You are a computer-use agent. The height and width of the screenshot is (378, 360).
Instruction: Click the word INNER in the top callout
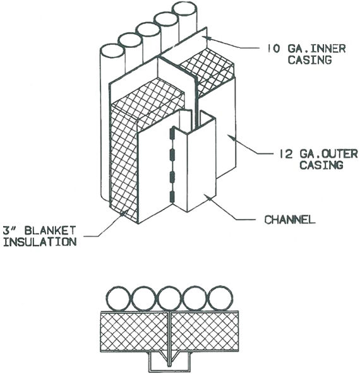point(328,49)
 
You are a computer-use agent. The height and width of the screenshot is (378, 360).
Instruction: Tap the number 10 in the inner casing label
point(273,49)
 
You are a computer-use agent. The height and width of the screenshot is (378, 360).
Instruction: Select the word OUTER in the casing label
point(340,154)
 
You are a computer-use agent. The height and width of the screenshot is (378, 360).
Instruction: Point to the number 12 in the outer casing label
point(285,154)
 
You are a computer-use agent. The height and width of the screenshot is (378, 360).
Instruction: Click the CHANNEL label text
point(290,220)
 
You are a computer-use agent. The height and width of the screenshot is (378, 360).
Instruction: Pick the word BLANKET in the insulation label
point(51,230)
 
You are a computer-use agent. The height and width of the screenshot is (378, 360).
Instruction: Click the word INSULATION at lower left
point(40,242)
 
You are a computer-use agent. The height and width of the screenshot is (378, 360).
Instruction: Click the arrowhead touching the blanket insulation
point(125,213)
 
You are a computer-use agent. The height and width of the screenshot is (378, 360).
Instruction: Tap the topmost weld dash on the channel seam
point(172,134)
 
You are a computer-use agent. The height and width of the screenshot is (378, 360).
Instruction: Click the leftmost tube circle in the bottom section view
point(119,298)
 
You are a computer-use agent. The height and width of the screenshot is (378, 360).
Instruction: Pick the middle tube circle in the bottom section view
point(170,298)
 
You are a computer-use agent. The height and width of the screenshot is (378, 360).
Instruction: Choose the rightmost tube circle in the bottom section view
point(220,298)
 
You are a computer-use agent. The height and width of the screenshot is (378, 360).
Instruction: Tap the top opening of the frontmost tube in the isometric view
point(112,50)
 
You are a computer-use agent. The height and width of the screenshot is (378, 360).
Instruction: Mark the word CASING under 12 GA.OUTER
point(321,165)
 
